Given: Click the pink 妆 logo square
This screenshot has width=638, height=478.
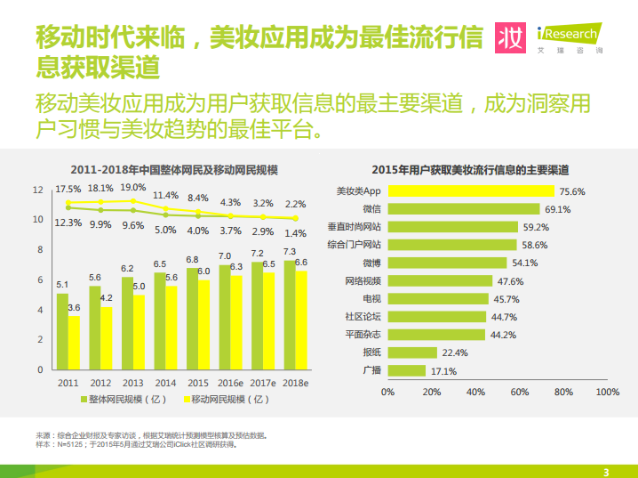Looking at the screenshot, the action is pos(510,37).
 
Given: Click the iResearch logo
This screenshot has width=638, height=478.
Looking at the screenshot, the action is pos(570,38).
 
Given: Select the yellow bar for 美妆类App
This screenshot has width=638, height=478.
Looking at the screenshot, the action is pos(471,191).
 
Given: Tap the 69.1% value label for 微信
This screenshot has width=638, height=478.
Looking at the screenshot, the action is pos(558,209).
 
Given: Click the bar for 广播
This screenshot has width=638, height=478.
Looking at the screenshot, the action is pos(407,371).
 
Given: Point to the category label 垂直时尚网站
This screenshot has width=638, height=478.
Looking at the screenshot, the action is pos(354,227).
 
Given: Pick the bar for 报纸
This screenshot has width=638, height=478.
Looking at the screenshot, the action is pos(412,352).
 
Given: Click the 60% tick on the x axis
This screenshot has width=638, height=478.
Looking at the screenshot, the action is pos(520,392).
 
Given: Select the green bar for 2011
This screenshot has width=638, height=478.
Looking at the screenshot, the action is pos(62,332).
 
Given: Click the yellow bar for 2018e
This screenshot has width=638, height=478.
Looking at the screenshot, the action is pos(301,320).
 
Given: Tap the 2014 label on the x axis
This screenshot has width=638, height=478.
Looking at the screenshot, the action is pos(165,383).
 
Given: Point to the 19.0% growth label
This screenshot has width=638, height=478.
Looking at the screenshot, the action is pos(133,188).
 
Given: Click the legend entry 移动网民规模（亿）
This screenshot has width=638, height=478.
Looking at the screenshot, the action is pos(227,400).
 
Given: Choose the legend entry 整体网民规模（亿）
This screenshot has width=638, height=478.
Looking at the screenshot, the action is pos(124,400).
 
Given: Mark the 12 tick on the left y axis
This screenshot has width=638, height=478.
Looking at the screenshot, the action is pos(38,190).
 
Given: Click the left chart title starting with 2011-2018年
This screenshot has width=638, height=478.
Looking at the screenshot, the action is pos(174,170).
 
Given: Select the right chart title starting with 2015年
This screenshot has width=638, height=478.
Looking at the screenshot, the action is pos(470,170).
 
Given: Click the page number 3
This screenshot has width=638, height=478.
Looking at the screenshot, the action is pos(606,473).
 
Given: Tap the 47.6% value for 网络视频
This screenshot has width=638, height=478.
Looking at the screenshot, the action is pos(511,281).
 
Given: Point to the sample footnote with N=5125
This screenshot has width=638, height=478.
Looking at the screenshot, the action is pos(137,444).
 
